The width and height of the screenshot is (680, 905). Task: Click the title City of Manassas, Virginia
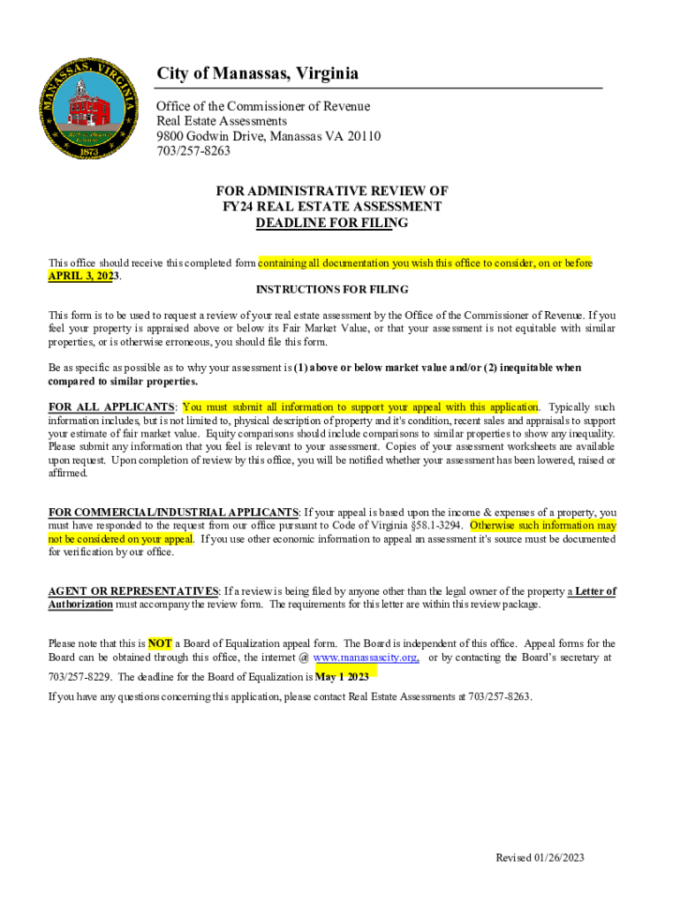coord(257,73)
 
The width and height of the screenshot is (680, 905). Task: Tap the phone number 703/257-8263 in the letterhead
coord(193,151)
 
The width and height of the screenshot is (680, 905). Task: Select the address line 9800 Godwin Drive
coord(268,136)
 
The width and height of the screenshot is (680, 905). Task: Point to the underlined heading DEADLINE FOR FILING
coord(331,223)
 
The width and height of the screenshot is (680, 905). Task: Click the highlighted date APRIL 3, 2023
coord(83,276)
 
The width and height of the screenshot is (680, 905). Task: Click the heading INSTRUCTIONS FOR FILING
coord(331,290)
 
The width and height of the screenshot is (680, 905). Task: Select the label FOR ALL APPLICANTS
coord(111,407)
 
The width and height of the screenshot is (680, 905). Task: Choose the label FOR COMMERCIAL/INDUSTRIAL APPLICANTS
coord(173,513)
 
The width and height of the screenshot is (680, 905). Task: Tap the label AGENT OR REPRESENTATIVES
coord(133,591)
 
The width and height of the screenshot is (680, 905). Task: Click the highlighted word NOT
coord(160,643)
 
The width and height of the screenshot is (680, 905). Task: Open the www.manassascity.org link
coord(366,658)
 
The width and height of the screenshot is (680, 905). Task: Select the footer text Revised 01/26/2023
coord(540,858)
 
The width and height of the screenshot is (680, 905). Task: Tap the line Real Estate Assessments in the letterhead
coord(222,121)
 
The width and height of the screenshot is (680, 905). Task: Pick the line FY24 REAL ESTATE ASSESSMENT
coord(331,207)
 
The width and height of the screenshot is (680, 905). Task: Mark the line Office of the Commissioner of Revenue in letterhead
coord(263,106)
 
